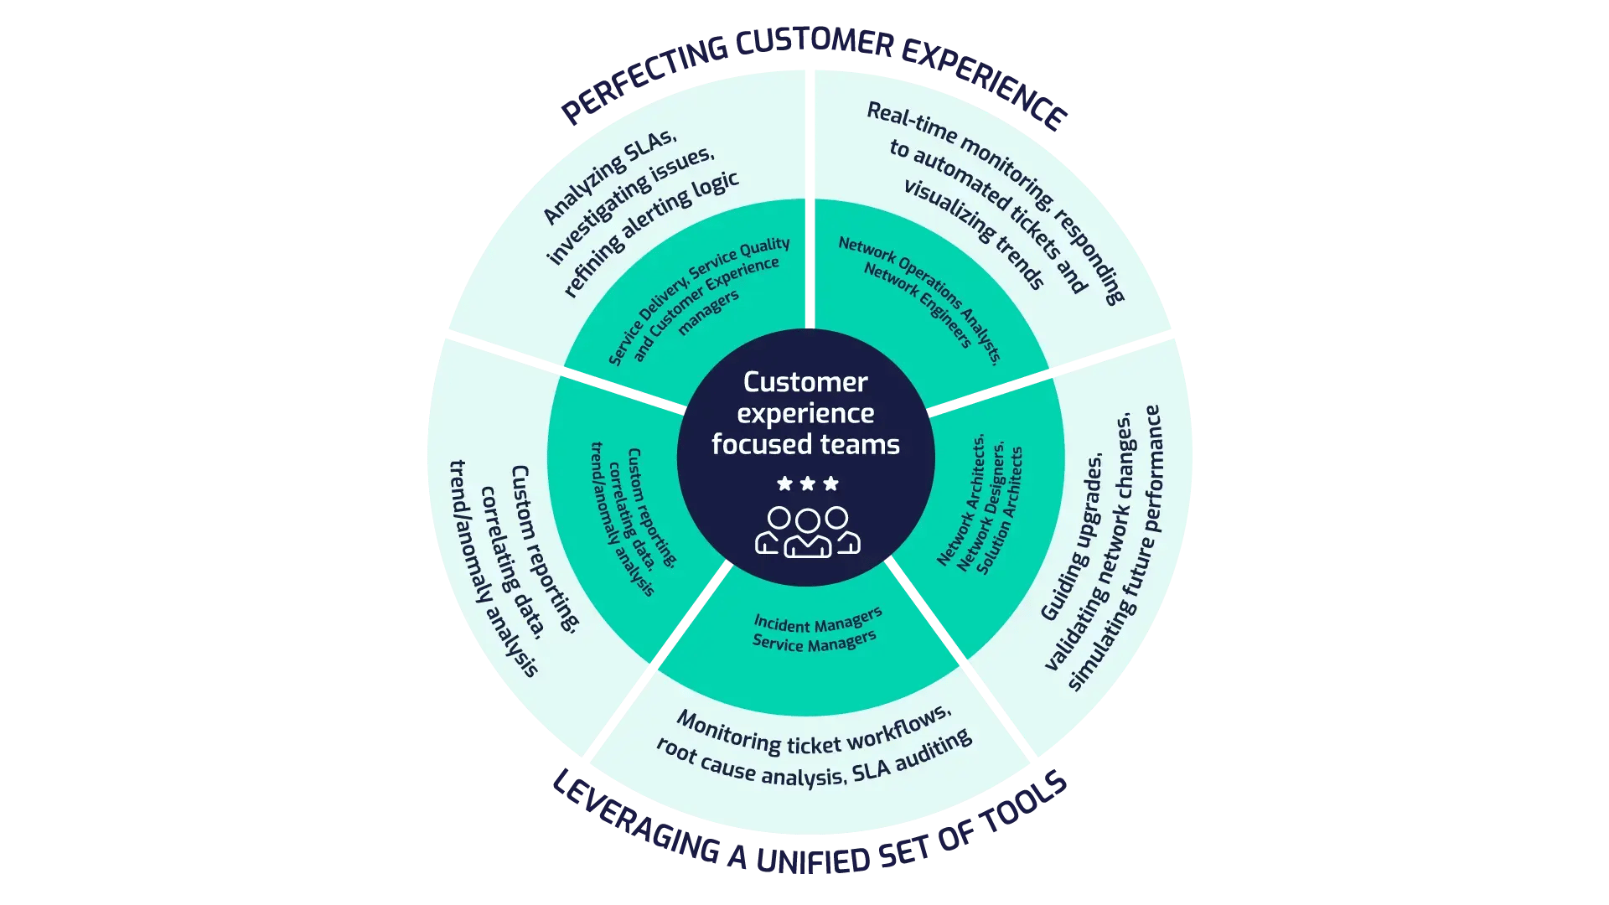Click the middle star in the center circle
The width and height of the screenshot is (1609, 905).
807,484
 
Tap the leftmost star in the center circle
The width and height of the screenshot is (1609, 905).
784,484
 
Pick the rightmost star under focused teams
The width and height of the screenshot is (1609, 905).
830,484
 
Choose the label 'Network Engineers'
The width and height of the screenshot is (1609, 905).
917,305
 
